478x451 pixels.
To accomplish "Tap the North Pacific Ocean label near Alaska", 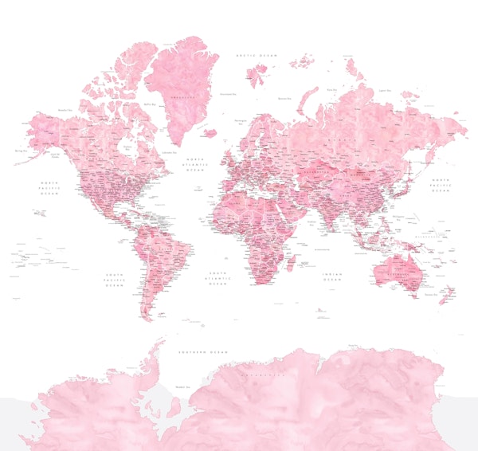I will pyautogui.click(x=50, y=187).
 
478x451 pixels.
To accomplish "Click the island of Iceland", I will pyautogui.click(x=210, y=133).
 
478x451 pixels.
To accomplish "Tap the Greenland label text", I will pyautogui.click(x=186, y=97).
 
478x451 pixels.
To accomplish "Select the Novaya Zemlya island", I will pyautogui.click(x=305, y=93).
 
